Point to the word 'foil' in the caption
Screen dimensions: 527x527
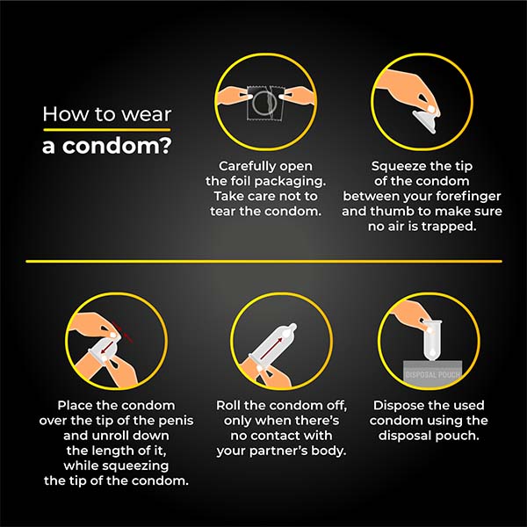pyautogui.click(x=239, y=181)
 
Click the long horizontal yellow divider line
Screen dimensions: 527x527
pyautogui.click(x=263, y=261)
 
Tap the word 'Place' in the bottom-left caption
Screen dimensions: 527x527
pyautogui.click(x=76, y=406)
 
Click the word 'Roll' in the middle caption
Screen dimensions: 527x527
pyautogui.click(x=231, y=406)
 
